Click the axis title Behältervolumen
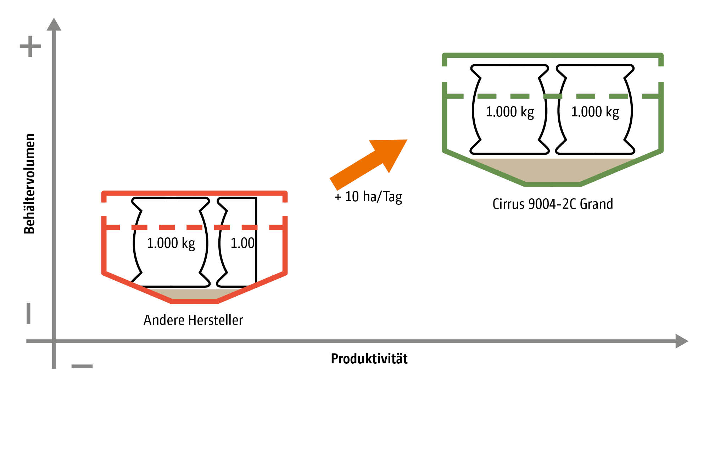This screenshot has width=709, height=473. pos(30,184)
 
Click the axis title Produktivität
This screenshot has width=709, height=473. pos(369,359)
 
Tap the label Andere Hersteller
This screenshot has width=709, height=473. pos(193,320)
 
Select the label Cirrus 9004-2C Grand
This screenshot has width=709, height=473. pos(552,204)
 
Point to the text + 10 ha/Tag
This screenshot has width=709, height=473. pos(368,197)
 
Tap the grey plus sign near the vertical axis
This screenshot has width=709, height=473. pos(30,46)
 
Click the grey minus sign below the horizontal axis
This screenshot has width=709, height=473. pos(82,366)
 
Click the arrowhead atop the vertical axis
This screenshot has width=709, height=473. pos(54,25)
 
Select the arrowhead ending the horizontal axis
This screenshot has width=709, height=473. pos(681,341)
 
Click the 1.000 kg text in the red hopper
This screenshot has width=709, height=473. pos(171,243)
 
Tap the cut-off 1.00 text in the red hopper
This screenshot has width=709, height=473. pos(242,243)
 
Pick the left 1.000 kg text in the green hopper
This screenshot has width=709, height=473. pos(510,112)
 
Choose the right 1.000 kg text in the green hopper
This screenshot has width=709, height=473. pos(595,112)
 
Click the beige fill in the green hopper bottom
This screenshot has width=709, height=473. pos(552,170)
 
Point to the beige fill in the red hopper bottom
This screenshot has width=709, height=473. pos(194,294)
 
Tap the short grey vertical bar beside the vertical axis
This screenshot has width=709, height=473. pos(29,313)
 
